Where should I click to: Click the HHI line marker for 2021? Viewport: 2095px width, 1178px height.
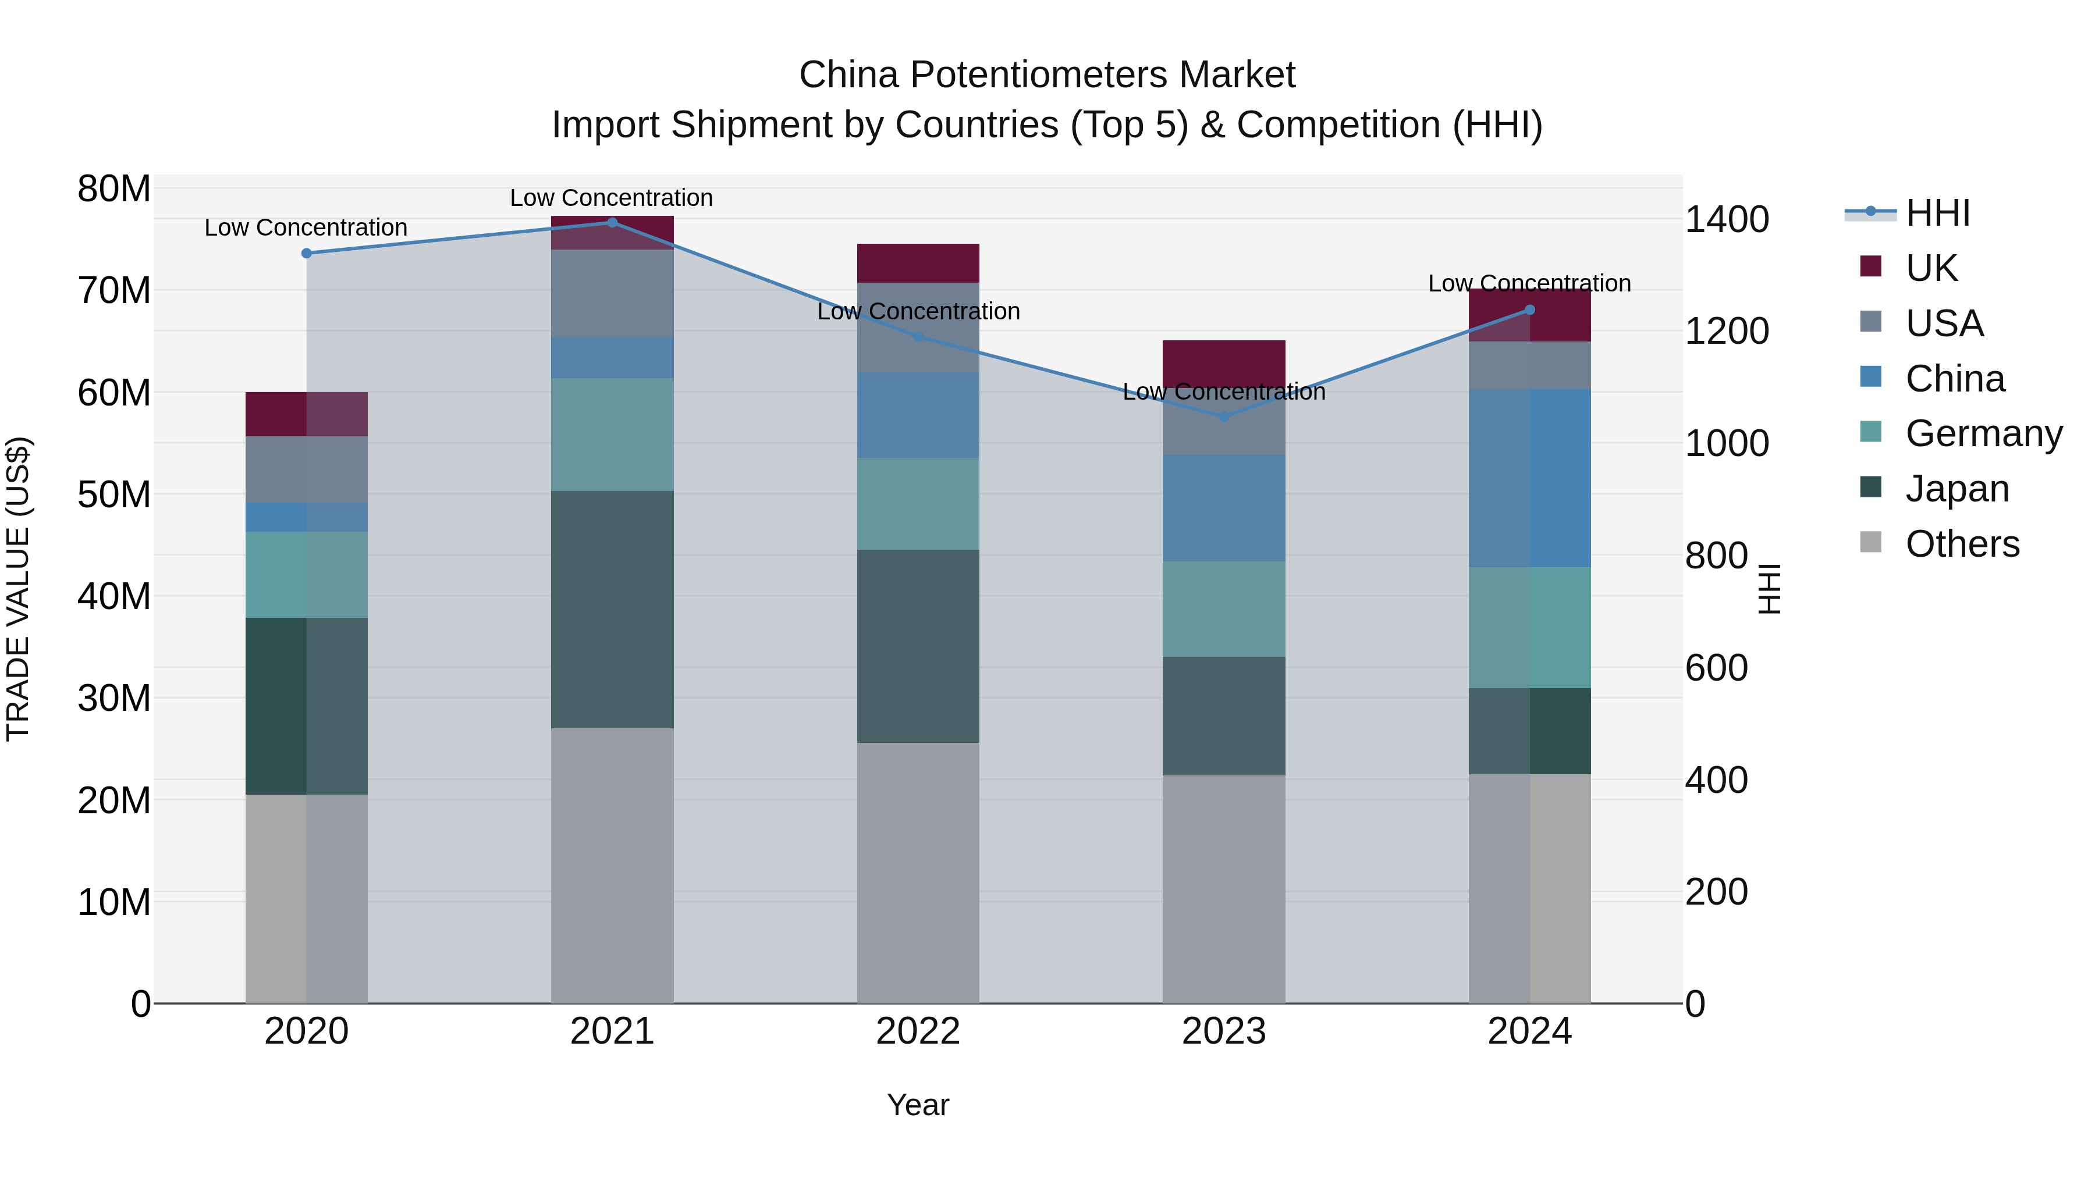click(612, 223)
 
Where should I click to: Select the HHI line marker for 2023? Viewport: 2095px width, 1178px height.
click(1224, 417)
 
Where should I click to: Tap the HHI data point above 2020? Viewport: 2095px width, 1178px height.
click(307, 254)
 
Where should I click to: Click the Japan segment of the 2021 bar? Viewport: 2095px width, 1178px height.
click(612, 610)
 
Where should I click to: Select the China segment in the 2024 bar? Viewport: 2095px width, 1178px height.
click(1530, 478)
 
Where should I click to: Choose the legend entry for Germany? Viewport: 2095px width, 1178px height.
click(1984, 433)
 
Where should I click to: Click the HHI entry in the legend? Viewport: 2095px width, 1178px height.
click(1937, 213)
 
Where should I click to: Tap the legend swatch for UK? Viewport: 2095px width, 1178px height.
click(1870, 266)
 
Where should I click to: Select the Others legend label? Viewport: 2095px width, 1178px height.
click(1962, 544)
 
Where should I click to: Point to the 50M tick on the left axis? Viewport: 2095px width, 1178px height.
click(114, 494)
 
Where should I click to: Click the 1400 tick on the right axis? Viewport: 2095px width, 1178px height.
click(1727, 219)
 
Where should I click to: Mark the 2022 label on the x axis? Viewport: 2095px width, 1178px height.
click(918, 1031)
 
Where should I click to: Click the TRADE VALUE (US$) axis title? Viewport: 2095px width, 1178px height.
click(18, 589)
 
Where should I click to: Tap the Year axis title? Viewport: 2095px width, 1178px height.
click(918, 1105)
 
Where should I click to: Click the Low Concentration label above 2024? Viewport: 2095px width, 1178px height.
click(1530, 284)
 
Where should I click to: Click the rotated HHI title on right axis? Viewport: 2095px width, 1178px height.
click(1770, 589)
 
